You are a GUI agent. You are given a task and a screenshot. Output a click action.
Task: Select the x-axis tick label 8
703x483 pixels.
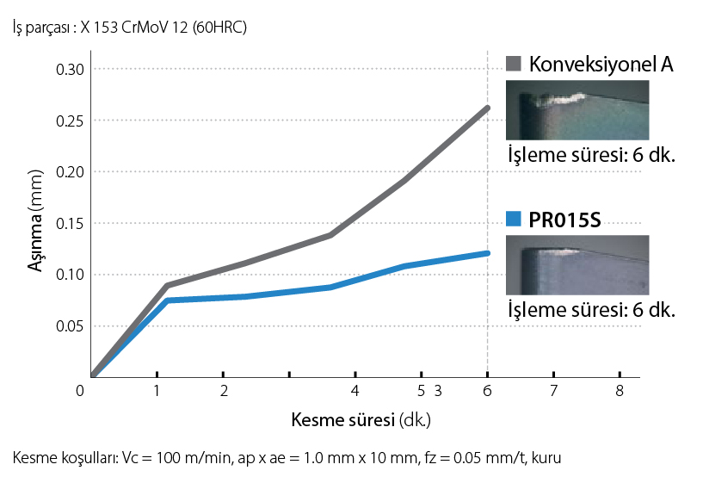[620, 391]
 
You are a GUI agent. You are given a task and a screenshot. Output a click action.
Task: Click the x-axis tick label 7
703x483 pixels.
[553, 391]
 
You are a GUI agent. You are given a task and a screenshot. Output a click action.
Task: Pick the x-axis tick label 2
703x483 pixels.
[223, 391]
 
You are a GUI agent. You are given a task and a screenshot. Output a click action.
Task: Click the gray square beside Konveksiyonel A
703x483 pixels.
[514, 65]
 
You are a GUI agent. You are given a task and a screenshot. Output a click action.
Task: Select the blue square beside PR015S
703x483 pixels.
[514, 220]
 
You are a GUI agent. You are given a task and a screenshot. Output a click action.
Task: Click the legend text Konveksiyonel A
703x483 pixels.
[601, 65]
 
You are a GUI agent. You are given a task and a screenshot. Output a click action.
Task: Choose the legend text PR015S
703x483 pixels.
[564, 220]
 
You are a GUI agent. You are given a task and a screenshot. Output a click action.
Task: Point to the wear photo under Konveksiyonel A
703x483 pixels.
[576, 110]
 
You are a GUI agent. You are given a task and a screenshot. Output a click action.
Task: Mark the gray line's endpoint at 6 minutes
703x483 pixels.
[488, 108]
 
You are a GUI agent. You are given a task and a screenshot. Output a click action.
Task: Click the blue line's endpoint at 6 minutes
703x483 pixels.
[488, 253]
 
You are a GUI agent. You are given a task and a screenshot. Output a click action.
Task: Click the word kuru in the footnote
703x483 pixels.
[547, 458]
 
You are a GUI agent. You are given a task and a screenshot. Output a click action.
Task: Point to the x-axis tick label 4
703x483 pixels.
[355, 391]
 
